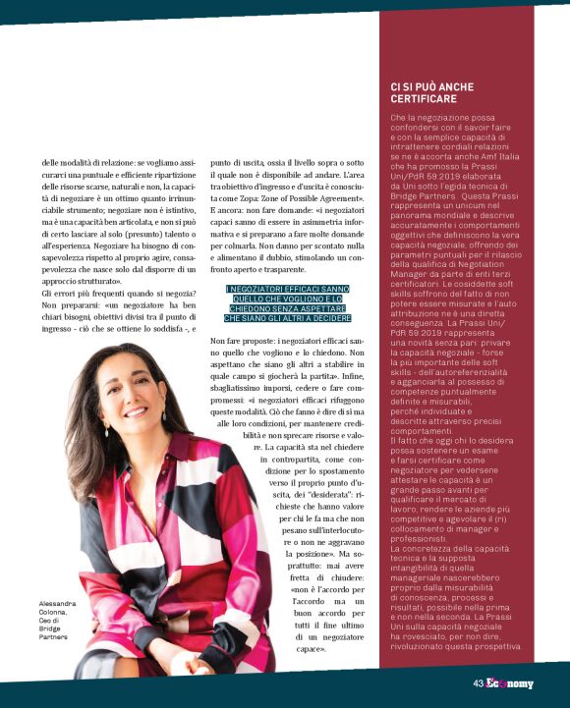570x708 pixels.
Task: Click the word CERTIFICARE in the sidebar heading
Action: [x=427, y=99]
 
